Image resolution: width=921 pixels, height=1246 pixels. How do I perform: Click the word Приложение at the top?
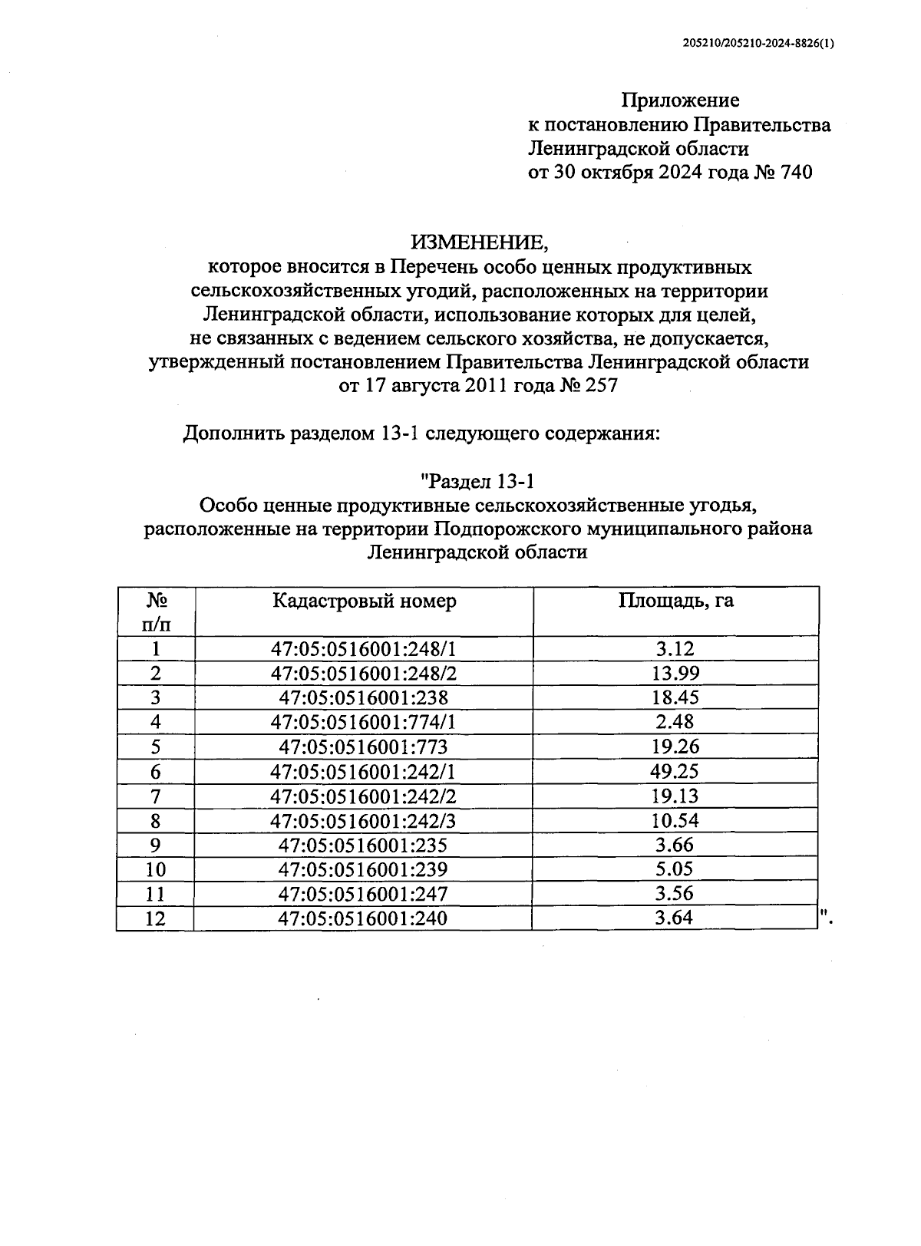coord(680,100)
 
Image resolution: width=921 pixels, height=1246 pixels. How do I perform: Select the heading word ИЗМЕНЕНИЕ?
coord(480,242)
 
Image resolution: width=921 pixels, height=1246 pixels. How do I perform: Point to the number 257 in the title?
coord(600,386)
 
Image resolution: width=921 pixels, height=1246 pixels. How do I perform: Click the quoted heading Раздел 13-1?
coord(477,481)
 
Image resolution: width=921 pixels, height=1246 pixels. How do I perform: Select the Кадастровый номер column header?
coord(364,601)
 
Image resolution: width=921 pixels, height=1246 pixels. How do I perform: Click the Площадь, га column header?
coord(675,601)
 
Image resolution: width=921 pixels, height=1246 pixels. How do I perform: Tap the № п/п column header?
coord(157,611)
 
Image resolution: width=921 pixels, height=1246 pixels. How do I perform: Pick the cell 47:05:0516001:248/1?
coord(363,649)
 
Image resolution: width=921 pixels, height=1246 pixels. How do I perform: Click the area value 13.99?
coord(675,674)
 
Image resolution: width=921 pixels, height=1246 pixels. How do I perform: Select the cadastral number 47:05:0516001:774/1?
coord(363,722)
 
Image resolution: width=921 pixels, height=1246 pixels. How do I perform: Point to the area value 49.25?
coord(675,771)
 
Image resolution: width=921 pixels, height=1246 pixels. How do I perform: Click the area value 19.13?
coord(675,796)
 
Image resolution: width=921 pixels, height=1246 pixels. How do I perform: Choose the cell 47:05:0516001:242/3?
coord(363,820)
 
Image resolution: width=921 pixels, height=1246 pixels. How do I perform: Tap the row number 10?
coord(156,869)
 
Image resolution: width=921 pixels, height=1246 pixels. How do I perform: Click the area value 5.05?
coord(675,869)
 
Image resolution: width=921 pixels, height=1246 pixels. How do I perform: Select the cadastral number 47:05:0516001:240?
coord(363,918)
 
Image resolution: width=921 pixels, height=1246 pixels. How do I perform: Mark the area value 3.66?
coord(675,845)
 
